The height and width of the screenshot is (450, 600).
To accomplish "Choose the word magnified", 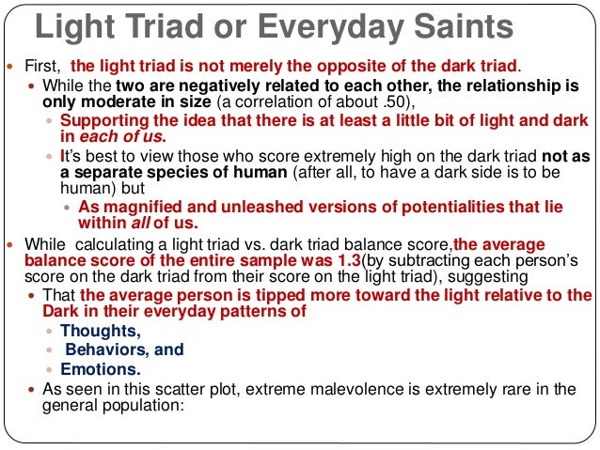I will [x=136, y=207].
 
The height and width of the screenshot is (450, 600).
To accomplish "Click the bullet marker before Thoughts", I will [x=50, y=332].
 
